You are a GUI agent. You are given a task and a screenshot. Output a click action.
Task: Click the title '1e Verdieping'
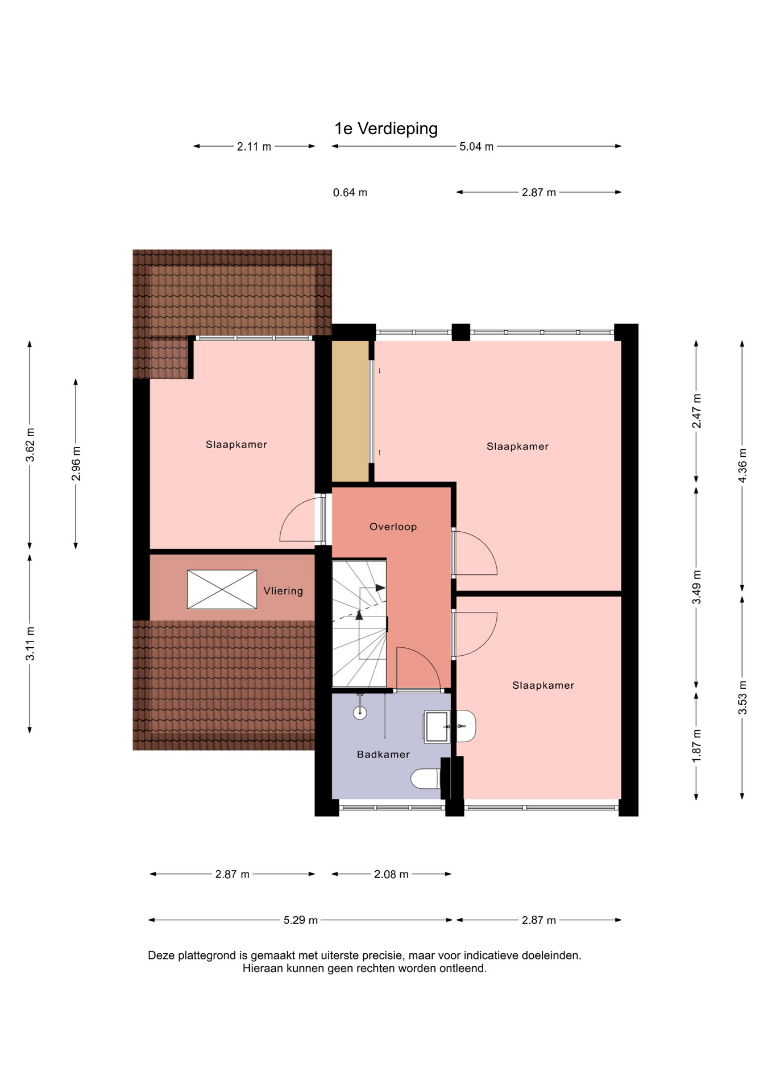(386, 129)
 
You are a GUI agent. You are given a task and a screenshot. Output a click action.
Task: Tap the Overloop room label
(393, 527)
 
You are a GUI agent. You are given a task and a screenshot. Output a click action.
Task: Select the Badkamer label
(383, 754)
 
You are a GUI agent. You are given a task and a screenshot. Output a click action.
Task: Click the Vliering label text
(283, 591)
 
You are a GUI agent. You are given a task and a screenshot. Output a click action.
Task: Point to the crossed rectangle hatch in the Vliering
(222, 589)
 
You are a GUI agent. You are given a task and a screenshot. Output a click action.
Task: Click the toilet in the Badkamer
(426, 779)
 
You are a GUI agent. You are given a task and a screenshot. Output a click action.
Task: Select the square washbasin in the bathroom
(437, 727)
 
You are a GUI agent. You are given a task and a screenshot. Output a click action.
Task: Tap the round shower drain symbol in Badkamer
(360, 712)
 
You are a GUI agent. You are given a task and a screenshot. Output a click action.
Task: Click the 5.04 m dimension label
(476, 147)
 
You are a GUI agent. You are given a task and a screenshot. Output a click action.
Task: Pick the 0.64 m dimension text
(350, 193)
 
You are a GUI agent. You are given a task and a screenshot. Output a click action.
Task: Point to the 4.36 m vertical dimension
(742, 465)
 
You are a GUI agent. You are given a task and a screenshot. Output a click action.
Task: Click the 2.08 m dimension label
(391, 874)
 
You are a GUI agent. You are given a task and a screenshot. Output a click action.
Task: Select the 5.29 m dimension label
(301, 920)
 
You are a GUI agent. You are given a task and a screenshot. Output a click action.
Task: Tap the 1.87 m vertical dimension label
(696, 746)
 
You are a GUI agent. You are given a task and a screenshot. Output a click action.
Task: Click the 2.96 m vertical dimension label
(76, 464)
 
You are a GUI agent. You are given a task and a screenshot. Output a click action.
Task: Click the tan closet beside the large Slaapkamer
(350, 411)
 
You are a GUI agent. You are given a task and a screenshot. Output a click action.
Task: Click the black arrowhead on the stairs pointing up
(359, 614)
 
